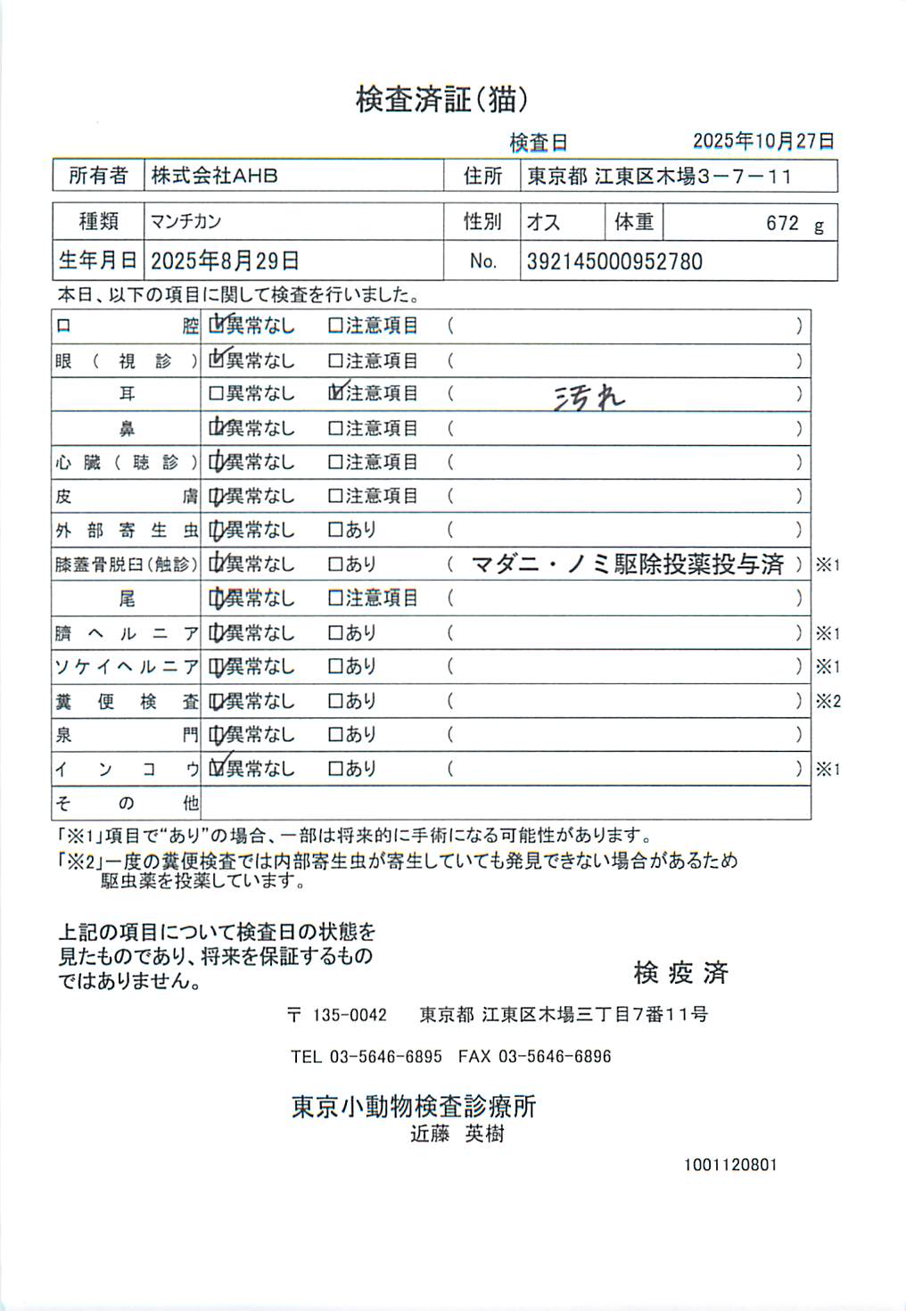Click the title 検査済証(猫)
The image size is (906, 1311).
(x=441, y=99)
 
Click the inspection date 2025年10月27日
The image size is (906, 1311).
(x=763, y=141)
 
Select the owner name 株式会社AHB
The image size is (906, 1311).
(x=214, y=176)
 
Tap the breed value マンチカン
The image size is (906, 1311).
(x=185, y=221)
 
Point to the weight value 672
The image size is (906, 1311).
(x=782, y=223)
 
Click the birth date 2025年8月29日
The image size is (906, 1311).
(x=225, y=260)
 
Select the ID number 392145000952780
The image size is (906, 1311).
(x=614, y=261)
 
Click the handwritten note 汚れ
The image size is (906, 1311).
(x=589, y=397)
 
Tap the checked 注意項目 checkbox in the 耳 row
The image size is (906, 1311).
(x=335, y=393)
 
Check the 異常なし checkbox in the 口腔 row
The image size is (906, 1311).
(x=216, y=326)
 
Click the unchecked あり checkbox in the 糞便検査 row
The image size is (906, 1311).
(x=335, y=701)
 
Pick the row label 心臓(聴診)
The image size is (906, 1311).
(x=126, y=462)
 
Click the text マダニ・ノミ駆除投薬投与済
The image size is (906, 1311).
(x=627, y=564)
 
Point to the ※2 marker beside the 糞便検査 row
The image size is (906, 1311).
(x=828, y=701)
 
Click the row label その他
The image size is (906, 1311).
(x=126, y=803)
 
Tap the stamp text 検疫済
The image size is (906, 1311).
(x=680, y=972)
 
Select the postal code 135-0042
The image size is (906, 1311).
(x=349, y=1015)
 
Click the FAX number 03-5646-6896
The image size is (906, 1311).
(x=554, y=1057)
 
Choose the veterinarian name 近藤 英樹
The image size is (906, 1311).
(x=457, y=1134)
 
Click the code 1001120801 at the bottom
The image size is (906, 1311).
(x=730, y=1165)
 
